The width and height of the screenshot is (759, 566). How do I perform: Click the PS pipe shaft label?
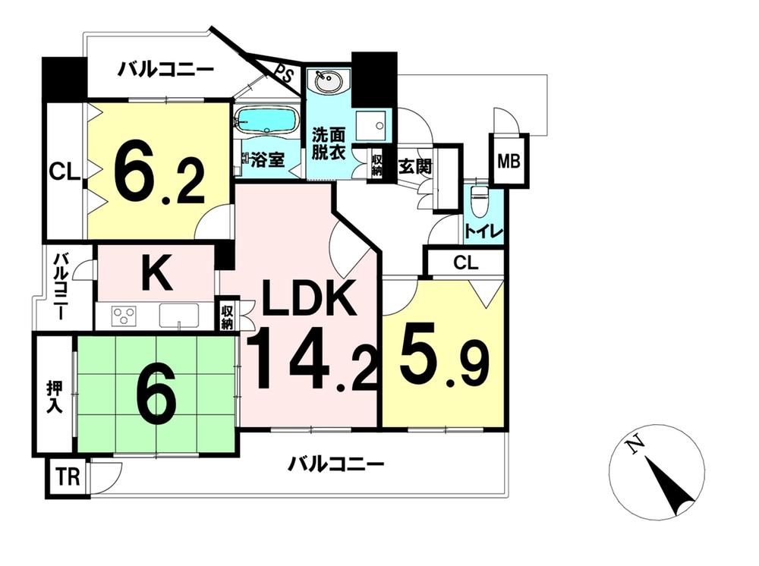coord(285,75)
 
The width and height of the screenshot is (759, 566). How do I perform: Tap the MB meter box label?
coord(509,161)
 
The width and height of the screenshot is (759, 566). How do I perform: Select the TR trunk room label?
coord(68,477)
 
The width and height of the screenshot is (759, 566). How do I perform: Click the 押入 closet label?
coord(54,397)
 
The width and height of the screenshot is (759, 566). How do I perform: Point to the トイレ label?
coord(483,231)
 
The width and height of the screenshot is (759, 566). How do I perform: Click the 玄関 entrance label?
coord(415,168)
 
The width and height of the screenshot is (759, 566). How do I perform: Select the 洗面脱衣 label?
coord(328,143)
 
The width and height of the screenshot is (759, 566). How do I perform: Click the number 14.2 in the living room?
coord(312,358)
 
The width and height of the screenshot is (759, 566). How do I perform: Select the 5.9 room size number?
coord(444,363)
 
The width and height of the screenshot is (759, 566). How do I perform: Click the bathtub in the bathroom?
coord(266,119)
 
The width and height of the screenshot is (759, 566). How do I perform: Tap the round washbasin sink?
coord(328,80)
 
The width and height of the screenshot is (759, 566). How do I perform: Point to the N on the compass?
coord(634,445)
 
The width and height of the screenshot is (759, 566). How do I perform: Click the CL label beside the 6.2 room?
coord(65,171)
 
